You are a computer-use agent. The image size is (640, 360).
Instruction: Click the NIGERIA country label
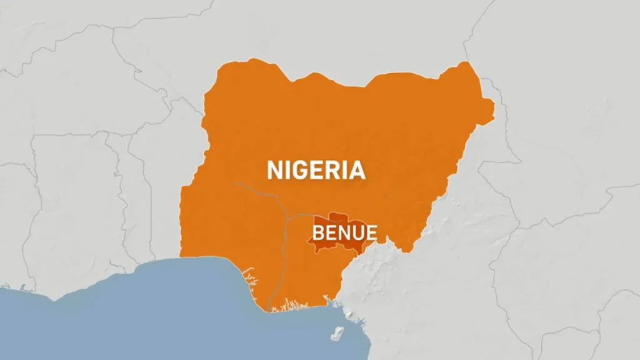click(316, 170)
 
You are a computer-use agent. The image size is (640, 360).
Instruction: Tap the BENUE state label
click(344, 234)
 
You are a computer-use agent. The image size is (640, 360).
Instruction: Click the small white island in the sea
click(339, 332)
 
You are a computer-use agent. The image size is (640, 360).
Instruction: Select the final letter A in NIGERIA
click(357, 170)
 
